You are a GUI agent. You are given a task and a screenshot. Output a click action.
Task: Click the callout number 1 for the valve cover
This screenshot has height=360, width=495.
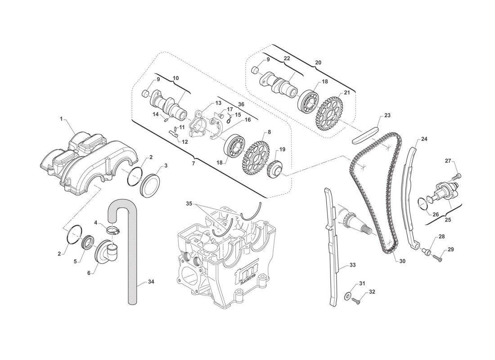click(x=60, y=119)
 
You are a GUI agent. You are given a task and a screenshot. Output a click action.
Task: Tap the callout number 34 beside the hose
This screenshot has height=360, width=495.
click(x=151, y=282)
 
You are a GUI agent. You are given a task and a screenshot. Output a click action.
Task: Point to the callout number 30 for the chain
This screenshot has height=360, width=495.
click(x=402, y=261)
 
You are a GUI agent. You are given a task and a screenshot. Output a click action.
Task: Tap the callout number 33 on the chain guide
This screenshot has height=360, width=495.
click(x=352, y=265)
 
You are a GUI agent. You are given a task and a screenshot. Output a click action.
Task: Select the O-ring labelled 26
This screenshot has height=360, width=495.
click(x=423, y=203)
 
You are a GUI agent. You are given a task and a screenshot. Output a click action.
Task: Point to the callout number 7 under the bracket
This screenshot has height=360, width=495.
click(x=193, y=163)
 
